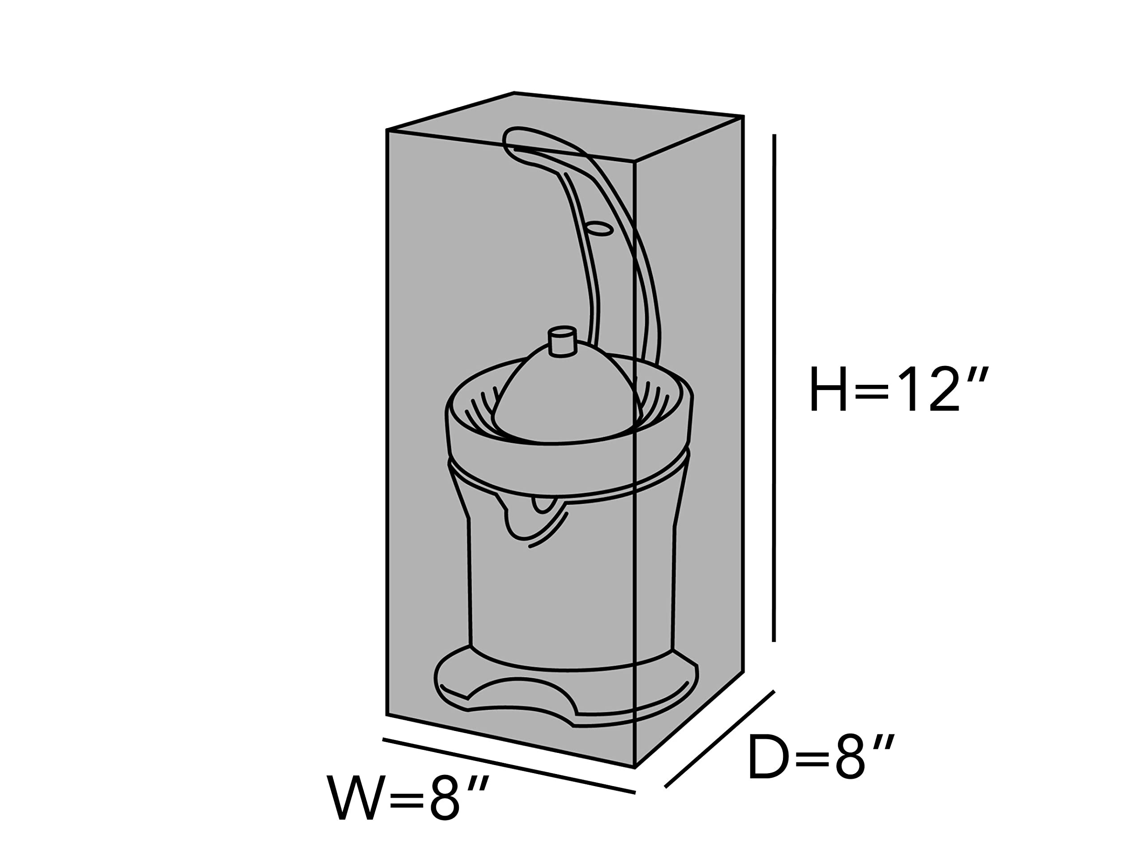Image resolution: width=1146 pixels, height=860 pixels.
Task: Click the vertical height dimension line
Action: tap(774, 388)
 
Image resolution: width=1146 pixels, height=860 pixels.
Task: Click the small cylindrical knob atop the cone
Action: tap(562, 341)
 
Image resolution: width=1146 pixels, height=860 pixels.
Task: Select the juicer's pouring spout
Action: tap(534, 520)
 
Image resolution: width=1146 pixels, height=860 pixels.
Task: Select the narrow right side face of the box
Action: tap(689, 441)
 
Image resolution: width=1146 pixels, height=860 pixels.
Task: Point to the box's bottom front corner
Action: tap(635, 768)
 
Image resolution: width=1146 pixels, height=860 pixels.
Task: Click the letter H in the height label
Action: tap(828, 389)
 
